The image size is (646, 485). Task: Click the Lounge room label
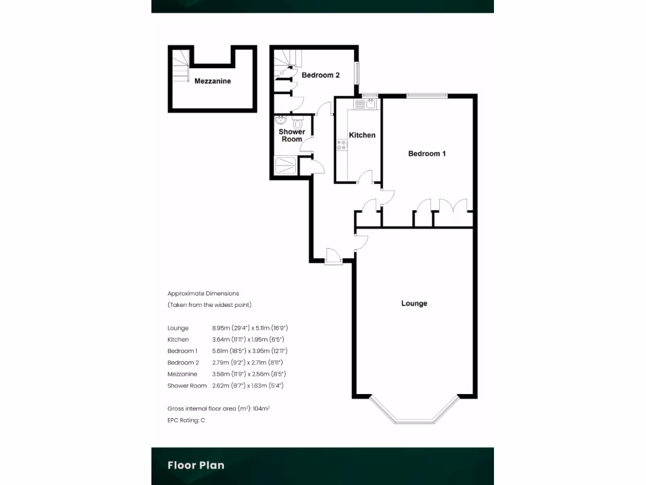point(414,303)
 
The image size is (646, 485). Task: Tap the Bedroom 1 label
point(427,153)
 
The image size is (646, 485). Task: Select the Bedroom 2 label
point(320,75)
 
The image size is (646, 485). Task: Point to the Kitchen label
point(362,135)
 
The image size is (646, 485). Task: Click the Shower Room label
point(292,135)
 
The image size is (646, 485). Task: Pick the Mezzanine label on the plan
point(213,81)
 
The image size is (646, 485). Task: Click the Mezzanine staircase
point(180,64)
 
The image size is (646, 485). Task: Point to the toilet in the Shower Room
point(298,124)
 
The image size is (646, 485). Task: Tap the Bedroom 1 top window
point(427,95)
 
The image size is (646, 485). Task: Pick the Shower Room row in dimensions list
point(227,385)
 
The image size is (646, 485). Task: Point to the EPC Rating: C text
point(186,420)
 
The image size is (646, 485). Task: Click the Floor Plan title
point(196,465)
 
